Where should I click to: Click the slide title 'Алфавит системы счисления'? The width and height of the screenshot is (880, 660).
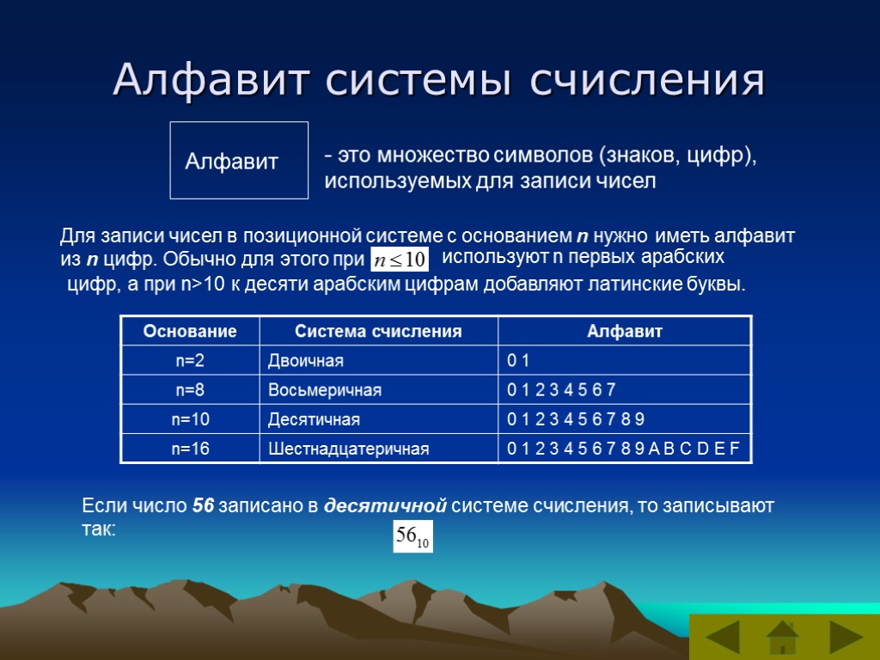(438, 80)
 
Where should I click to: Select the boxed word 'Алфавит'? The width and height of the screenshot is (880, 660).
(232, 161)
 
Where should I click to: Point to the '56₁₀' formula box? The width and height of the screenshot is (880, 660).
(412, 537)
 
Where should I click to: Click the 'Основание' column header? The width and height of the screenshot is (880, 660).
(189, 331)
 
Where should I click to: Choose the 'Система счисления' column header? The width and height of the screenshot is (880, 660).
(378, 331)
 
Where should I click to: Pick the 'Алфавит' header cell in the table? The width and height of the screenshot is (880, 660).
(625, 331)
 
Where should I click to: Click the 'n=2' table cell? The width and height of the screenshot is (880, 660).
(189, 360)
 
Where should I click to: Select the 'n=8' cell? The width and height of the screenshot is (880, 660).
(189, 390)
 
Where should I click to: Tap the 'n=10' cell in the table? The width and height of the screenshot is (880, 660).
(189, 419)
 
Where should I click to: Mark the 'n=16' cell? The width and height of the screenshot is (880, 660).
(189, 449)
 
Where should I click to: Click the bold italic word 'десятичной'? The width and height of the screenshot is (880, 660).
(386, 505)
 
